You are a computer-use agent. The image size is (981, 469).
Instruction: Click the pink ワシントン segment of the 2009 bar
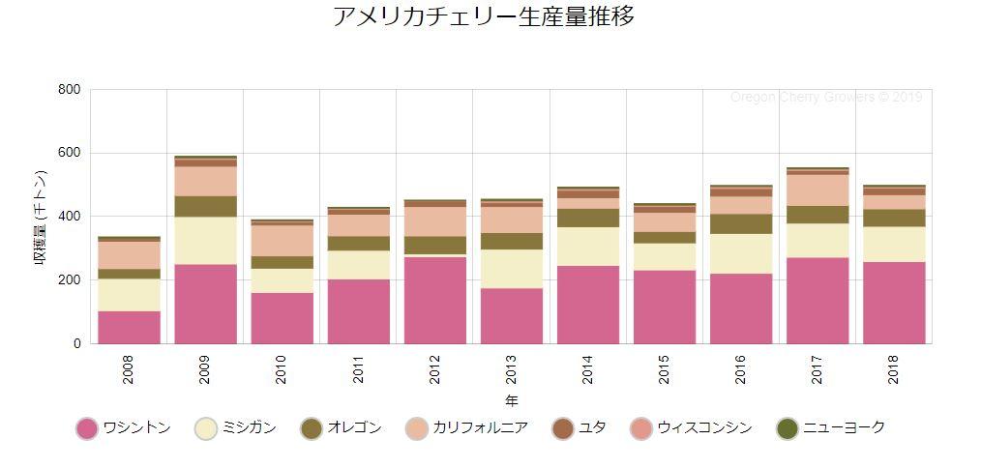(205, 303)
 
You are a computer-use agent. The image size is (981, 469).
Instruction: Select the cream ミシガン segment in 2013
(512, 268)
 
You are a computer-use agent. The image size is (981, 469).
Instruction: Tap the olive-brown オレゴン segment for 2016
(741, 223)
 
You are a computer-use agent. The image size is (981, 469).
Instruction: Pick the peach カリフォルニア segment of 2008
(129, 254)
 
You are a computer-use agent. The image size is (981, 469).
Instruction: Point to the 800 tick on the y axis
(69, 90)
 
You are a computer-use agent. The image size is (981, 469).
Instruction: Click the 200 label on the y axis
(69, 280)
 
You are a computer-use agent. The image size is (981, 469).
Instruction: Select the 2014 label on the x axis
(588, 370)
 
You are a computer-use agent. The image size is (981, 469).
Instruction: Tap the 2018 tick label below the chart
(894, 370)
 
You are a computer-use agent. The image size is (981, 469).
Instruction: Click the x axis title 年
(511, 400)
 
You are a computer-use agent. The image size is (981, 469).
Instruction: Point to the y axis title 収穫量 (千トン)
(41, 217)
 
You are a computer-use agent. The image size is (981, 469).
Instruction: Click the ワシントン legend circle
(87, 428)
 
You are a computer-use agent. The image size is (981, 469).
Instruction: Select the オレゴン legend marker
(312, 428)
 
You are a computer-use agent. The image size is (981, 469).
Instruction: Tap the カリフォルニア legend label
(480, 427)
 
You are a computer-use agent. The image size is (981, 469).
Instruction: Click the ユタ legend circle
(563, 428)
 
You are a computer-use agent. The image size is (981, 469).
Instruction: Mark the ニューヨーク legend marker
(788, 428)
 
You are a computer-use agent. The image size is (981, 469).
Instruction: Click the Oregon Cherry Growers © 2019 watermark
(826, 98)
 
